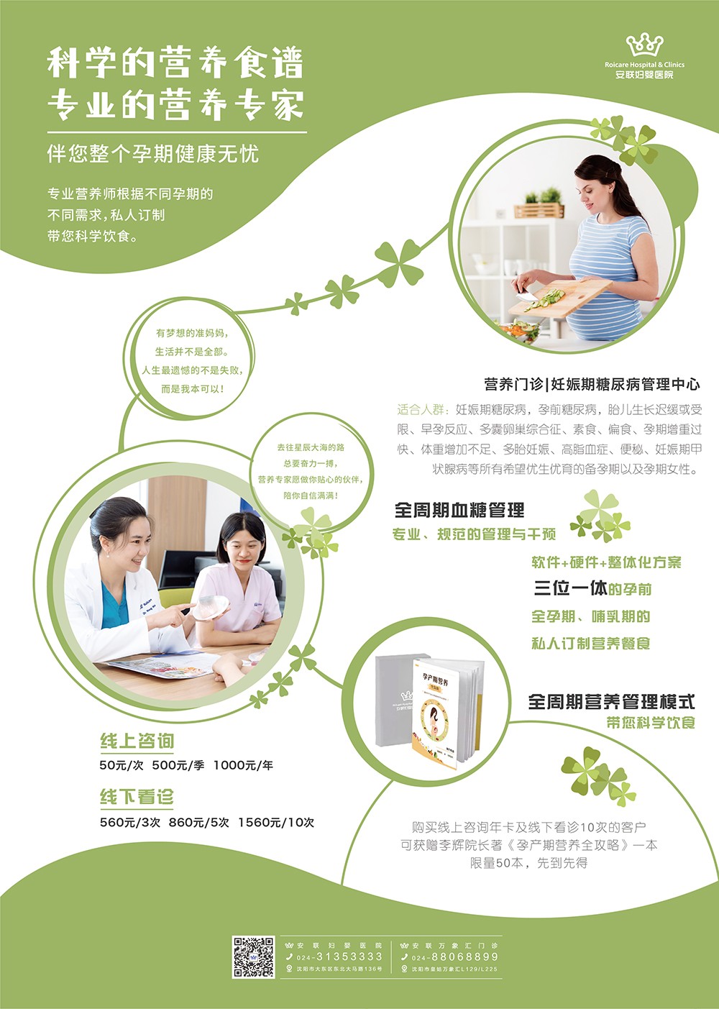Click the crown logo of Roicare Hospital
pyautogui.click(x=644, y=45)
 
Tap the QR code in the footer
pyautogui.click(x=253, y=957)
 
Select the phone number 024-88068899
pyautogui.click(x=455, y=957)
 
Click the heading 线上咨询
pyautogui.click(x=137, y=741)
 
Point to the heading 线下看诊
pyautogui.click(x=137, y=797)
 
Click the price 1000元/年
pyautogui.click(x=243, y=765)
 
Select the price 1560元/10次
pyautogui.click(x=276, y=822)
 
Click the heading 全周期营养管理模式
pyautogui.click(x=611, y=701)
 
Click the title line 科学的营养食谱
pyautogui.click(x=175, y=63)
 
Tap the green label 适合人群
pyautogui.click(x=421, y=409)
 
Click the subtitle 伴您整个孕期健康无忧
pyautogui.click(x=152, y=154)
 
